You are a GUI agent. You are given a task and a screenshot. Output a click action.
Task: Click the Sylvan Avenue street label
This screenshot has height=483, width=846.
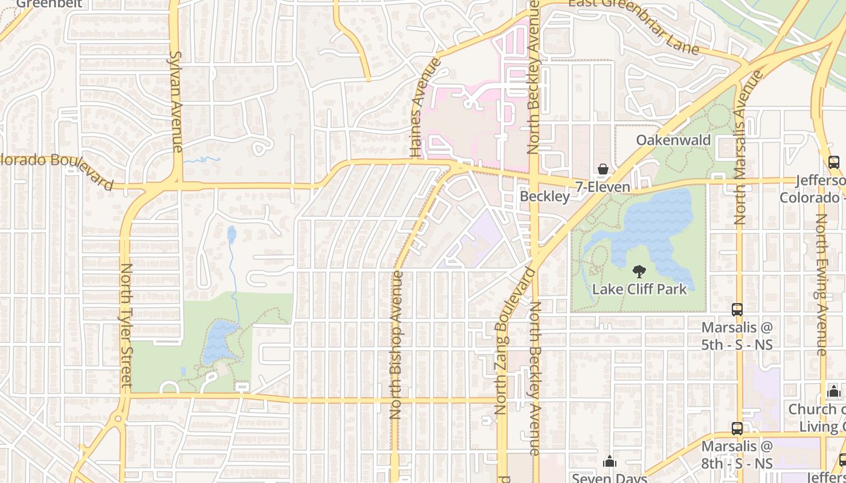click(176, 101)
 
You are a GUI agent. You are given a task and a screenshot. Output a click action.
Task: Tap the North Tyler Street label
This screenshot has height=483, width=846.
click(126, 325)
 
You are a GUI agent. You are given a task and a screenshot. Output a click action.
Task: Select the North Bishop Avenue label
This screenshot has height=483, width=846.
click(396, 345)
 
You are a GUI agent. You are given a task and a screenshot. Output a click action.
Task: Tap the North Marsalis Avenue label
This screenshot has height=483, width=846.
click(740, 147)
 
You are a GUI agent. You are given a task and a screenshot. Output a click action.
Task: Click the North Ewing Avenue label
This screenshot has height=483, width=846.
click(821, 284)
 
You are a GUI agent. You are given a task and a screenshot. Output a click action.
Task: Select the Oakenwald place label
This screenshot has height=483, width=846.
click(673, 140)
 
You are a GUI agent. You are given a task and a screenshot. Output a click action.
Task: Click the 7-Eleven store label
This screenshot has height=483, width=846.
click(602, 187)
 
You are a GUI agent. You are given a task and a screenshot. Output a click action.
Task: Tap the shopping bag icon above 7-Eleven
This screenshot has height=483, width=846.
click(602, 169)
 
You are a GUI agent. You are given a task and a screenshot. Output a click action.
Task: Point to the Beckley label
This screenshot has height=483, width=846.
click(544, 197)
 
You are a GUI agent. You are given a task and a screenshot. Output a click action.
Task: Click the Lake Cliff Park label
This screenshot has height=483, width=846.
click(639, 289)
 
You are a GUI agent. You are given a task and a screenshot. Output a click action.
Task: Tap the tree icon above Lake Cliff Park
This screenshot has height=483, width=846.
click(639, 272)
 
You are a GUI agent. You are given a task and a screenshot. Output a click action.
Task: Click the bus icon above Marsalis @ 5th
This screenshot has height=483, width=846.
click(737, 310)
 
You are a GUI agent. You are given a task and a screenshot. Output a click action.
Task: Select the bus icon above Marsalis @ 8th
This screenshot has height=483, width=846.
click(737, 429)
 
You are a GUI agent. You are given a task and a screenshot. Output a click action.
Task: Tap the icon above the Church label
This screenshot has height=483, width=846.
click(834, 391)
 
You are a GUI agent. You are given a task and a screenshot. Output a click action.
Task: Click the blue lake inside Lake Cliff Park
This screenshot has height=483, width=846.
click(653, 229)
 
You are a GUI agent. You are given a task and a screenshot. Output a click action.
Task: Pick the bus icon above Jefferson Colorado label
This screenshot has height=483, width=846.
click(833, 162)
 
